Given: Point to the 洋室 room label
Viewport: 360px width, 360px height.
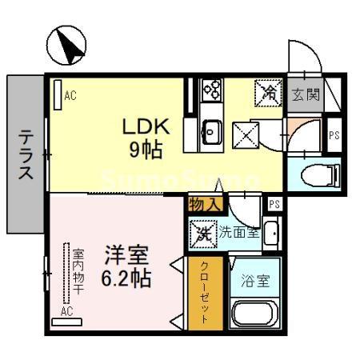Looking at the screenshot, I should (x=125, y=257).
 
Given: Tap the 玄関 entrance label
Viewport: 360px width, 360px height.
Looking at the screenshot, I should (x=305, y=95).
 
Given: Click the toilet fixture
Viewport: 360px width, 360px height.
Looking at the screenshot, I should (x=317, y=174).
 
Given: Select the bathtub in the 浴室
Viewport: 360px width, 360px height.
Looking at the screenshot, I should (x=253, y=314).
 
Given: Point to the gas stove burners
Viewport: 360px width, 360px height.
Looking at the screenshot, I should (x=213, y=90).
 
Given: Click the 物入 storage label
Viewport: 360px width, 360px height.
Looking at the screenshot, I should (x=204, y=204).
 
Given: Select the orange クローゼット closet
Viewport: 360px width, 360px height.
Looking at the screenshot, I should (x=205, y=291).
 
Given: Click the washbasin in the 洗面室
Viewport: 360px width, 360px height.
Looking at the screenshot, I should (x=271, y=234).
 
